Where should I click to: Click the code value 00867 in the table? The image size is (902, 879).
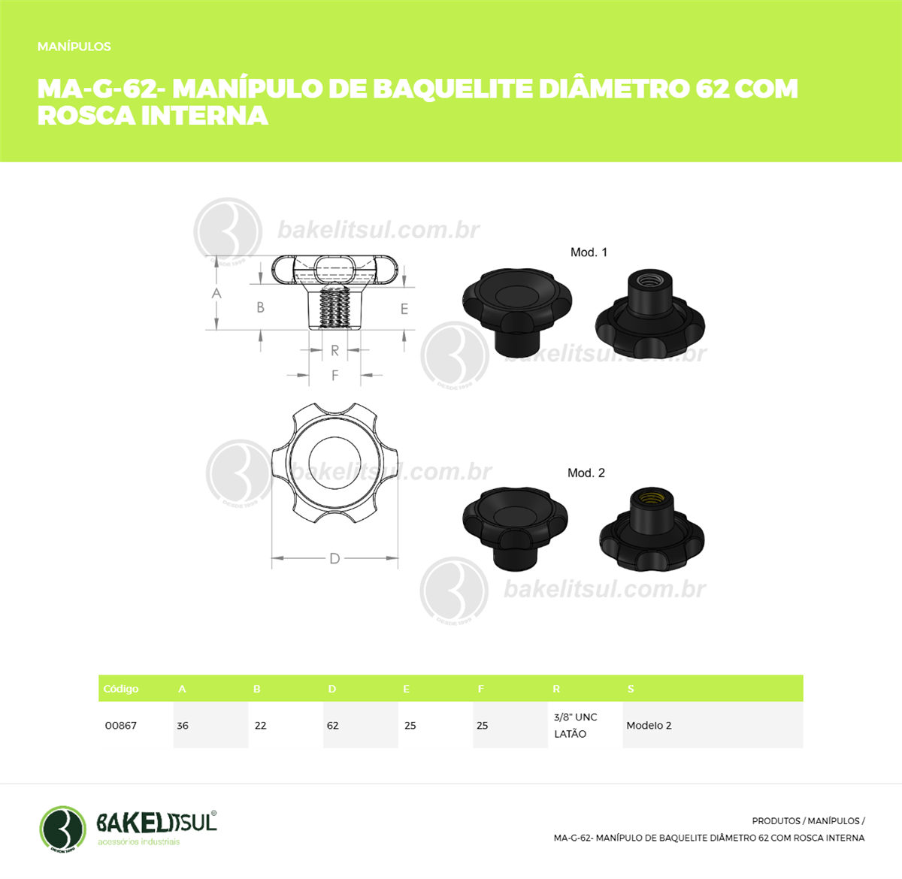(121, 726)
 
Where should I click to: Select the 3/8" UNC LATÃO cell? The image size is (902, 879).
(575, 726)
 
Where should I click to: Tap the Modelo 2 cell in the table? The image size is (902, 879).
(649, 726)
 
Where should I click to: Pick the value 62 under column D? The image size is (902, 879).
(333, 726)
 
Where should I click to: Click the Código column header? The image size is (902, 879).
(121, 689)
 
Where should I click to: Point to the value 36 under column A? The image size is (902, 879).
(183, 726)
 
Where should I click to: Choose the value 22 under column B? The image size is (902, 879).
(261, 726)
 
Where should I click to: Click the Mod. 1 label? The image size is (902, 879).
(589, 252)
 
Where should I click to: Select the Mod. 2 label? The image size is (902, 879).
(586, 473)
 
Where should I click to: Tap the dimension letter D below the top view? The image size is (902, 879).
(334, 558)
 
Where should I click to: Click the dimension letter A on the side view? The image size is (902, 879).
(216, 293)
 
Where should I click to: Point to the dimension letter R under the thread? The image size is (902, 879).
(334, 351)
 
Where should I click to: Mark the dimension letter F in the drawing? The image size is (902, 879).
(334, 375)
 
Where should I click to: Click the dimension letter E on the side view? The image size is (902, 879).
(404, 310)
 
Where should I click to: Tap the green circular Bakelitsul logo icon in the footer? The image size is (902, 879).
(62, 829)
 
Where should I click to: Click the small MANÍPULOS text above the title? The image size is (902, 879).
(74, 47)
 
